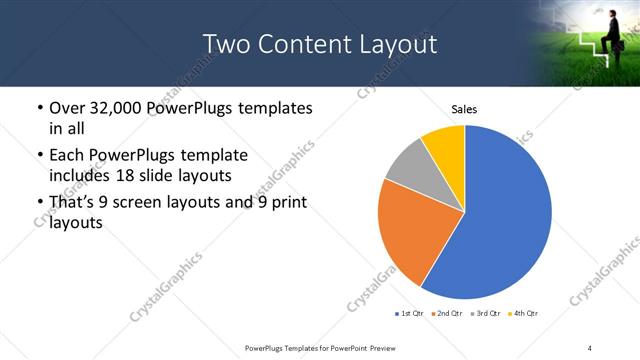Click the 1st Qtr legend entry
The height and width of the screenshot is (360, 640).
409,314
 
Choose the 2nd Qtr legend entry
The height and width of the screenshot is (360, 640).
445,314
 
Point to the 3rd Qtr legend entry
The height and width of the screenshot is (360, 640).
484,314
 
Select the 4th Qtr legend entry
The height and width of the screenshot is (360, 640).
523,314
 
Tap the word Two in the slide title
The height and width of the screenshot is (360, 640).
224,45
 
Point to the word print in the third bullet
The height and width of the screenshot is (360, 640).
284,202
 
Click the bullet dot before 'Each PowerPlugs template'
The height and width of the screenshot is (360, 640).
38,156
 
